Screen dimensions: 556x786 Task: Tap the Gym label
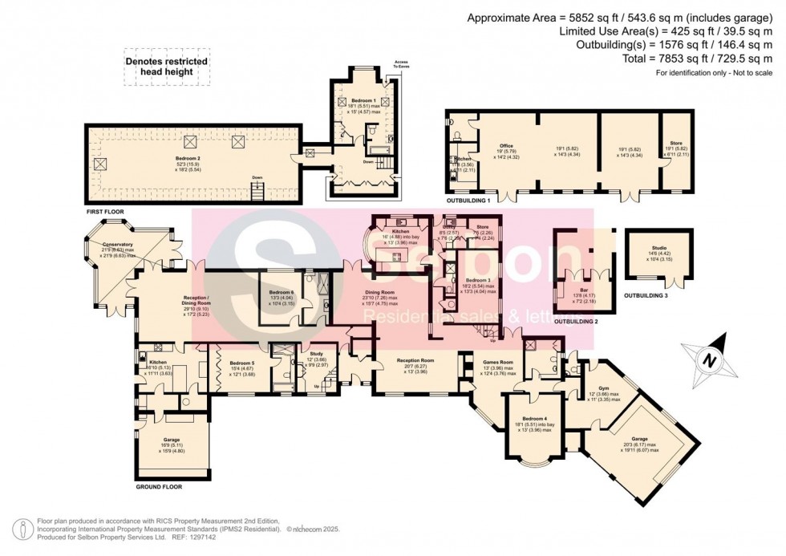click(x=603, y=388)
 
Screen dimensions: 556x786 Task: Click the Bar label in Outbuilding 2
click(x=583, y=281)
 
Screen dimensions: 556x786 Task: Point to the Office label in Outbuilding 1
click(x=506, y=146)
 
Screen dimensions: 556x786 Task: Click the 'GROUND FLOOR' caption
click(x=159, y=487)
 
